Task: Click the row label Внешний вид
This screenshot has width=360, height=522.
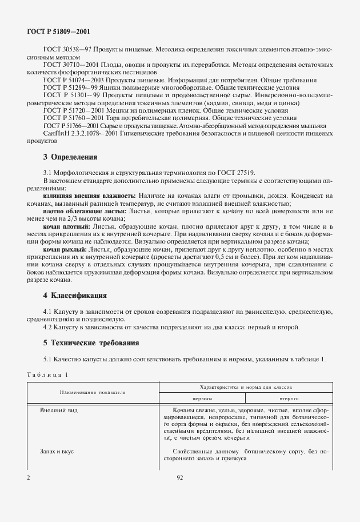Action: click(59, 411)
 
